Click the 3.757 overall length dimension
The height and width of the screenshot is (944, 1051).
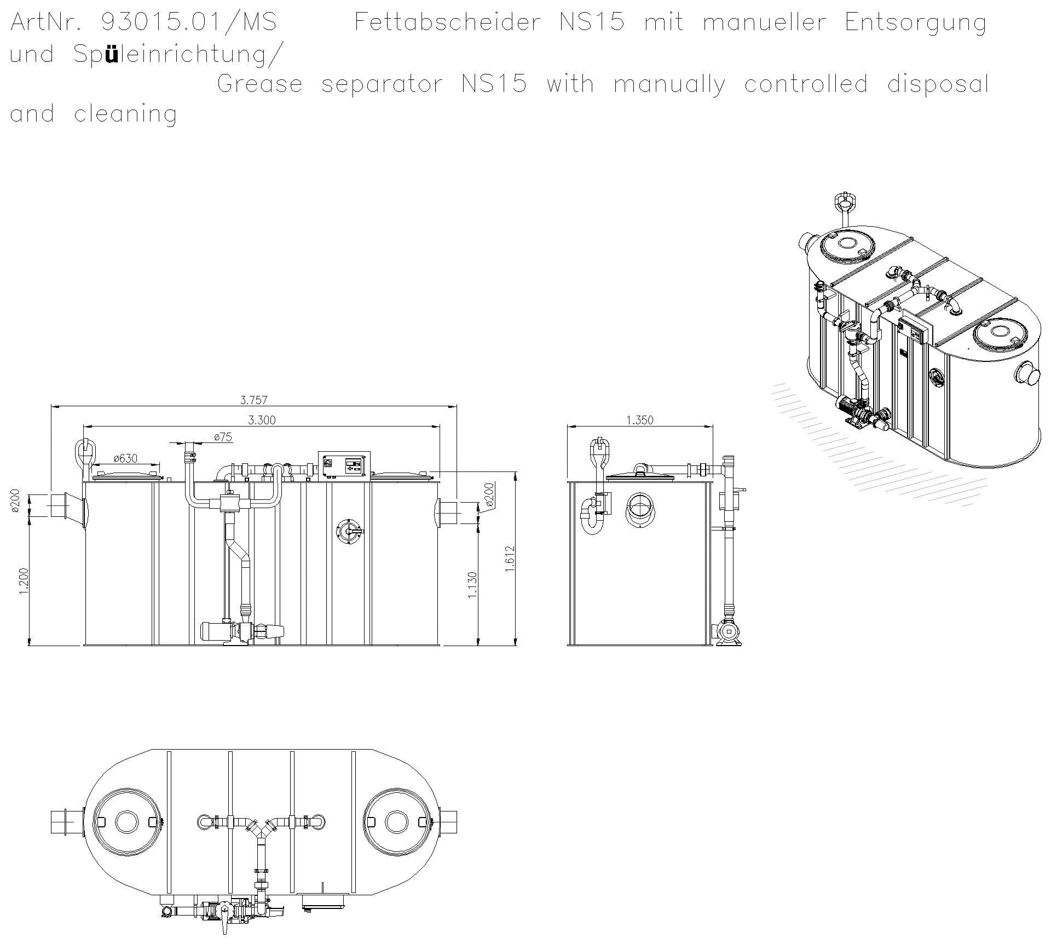tap(254, 400)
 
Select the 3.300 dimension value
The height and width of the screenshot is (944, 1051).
tap(262, 420)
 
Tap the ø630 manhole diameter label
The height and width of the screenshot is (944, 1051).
tap(125, 458)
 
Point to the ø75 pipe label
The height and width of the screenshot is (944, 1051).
tap(223, 436)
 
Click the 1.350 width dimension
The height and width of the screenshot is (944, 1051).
tap(639, 420)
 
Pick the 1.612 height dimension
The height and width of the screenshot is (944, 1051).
tap(510, 559)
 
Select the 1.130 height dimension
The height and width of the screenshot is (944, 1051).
tap(473, 585)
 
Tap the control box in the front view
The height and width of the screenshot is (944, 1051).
tap(344, 465)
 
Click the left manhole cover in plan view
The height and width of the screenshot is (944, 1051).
tap(128, 821)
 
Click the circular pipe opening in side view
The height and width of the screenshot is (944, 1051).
tap(639, 509)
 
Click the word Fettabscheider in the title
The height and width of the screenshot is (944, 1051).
tap(447, 23)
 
